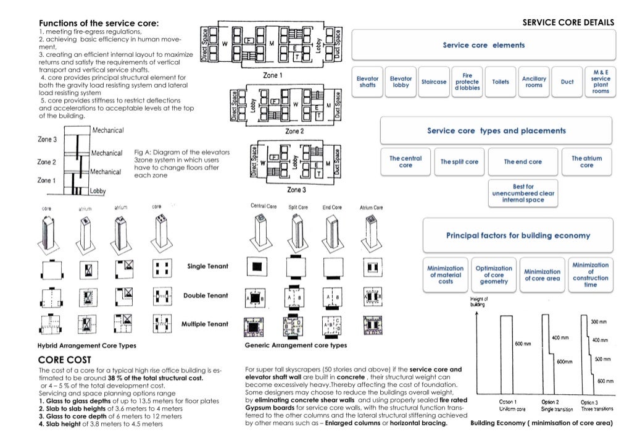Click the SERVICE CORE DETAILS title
point(568,23)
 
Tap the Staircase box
point(434,82)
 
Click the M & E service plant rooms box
point(601,82)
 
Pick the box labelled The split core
point(459,162)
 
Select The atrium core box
point(586,162)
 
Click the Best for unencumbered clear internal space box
point(523,193)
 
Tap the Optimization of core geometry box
point(494,275)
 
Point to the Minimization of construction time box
point(590,275)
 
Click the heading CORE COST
point(65,360)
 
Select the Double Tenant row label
point(206,295)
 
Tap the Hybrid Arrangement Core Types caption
point(87,345)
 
